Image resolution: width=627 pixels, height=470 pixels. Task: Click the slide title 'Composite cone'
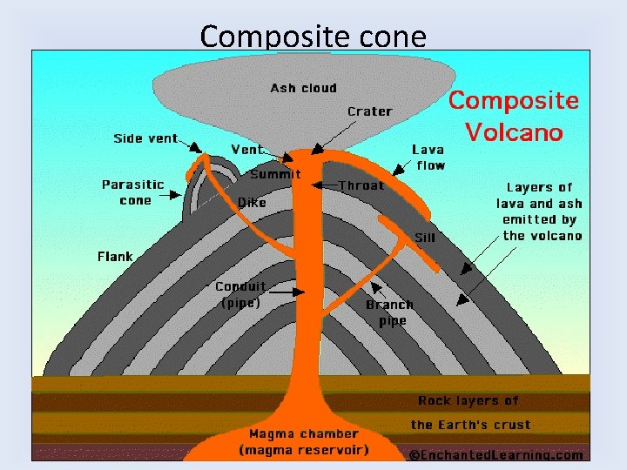point(313,37)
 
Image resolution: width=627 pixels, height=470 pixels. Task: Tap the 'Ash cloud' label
point(303,88)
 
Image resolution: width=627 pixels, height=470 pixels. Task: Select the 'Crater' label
point(369,111)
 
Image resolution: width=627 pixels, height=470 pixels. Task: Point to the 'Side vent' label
point(145,138)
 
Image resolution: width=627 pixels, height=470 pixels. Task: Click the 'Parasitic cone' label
point(133,192)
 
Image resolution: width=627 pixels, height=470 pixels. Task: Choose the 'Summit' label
point(275,174)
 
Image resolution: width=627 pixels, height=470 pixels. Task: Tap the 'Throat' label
point(361,185)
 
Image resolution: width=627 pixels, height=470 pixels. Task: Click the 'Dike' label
point(252,203)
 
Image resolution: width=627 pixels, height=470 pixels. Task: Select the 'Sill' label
point(424,237)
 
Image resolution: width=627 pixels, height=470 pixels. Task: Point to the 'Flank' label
point(115,257)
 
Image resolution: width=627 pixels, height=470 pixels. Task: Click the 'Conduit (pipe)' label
point(241,295)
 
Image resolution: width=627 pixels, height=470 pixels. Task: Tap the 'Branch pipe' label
point(389,312)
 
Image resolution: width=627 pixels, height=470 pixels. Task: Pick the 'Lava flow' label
point(428,158)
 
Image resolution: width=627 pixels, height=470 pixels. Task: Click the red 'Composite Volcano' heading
point(513,116)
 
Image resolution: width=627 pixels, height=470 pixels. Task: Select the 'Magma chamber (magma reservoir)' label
point(304,441)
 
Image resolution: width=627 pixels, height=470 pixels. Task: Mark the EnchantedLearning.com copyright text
point(496,454)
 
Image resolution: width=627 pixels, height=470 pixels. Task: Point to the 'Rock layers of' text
point(468,401)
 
